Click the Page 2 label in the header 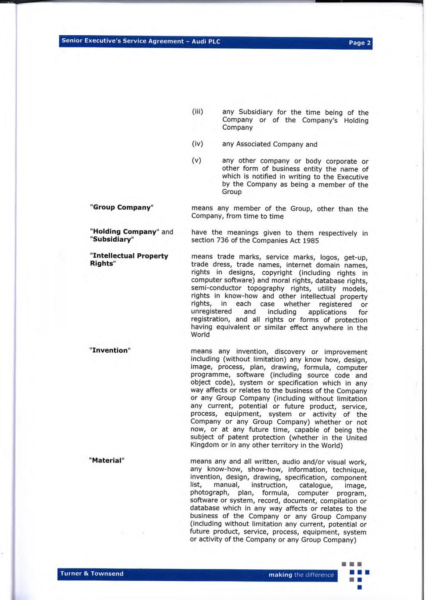point(359,43)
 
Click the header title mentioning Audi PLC point(141,41)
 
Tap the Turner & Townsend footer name point(92,573)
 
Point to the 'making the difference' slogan point(301,575)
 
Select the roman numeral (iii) point(197,112)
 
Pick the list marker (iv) point(197,144)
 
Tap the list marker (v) point(196,160)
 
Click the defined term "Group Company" point(122,207)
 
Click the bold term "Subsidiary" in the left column point(112,240)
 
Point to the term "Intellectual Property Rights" point(129,259)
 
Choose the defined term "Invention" point(110,350)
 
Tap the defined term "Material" point(107,460)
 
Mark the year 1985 point(310,240)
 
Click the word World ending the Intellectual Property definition point(200,335)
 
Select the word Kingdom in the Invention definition point(204,445)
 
